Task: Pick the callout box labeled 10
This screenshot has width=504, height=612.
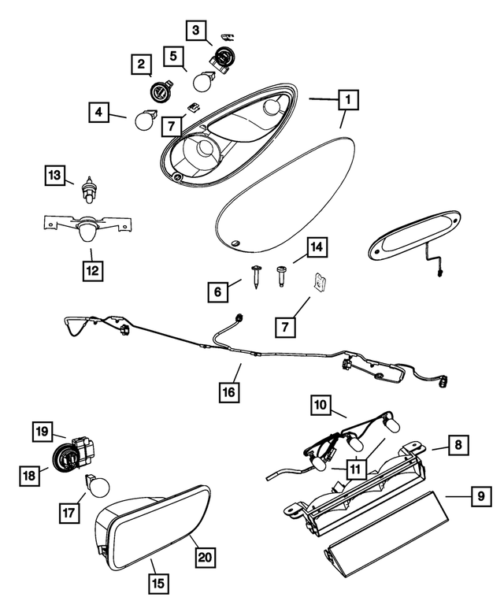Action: click(x=321, y=406)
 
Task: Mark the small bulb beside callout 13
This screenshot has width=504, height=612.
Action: click(x=89, y=191)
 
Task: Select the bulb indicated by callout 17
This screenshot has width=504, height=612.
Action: click(x=98, y=487)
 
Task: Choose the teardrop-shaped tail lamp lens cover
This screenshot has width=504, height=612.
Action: click(x=283, y=191)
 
